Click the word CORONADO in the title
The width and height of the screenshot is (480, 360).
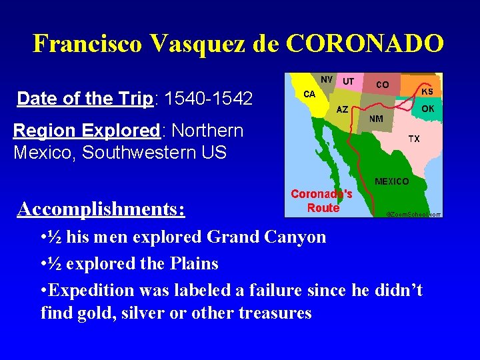365,44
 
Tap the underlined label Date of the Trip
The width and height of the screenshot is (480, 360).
85,99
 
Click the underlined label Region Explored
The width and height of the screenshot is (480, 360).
85,130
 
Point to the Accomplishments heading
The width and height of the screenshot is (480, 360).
101,209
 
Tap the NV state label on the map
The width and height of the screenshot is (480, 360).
327,79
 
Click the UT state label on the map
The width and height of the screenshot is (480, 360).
348,81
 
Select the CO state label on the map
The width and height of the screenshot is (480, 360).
383,85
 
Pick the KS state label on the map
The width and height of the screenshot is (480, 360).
427,91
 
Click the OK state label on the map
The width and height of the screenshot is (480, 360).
427,107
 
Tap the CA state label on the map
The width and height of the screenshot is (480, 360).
309,95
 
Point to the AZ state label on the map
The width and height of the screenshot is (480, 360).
342,109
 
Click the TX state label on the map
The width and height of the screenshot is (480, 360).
414,139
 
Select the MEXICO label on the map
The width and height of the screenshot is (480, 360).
392,181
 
